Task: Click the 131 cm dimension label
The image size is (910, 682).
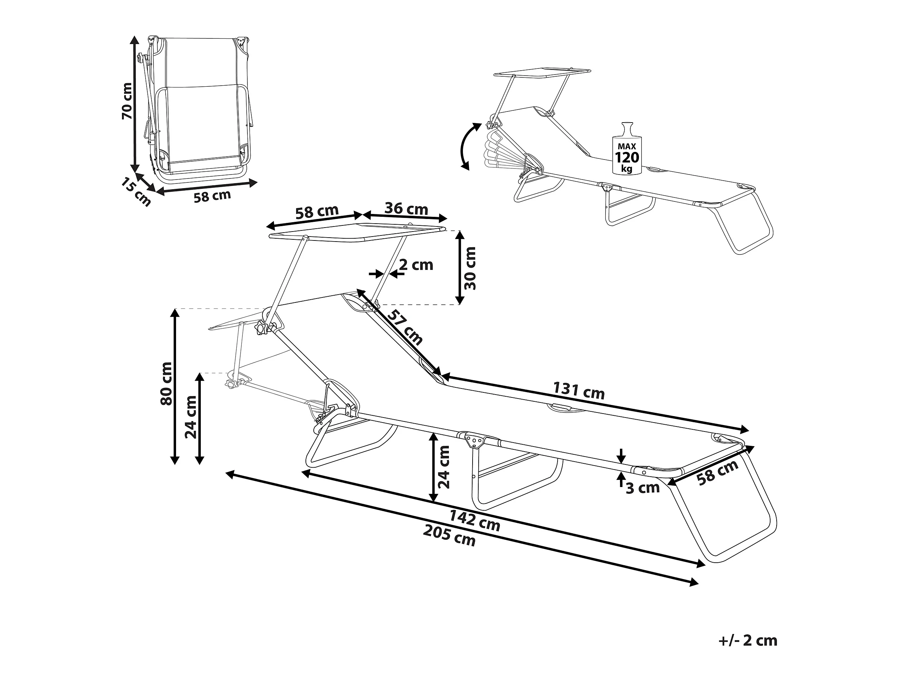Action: click(579, 391)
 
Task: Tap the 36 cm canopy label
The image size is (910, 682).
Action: click(406, 209)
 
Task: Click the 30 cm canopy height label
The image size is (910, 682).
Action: click(470, 268)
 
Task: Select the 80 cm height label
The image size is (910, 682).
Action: click(167, 383)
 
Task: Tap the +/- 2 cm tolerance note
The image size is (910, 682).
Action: click(748, 640)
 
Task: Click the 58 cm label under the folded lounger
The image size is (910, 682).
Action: click(212, 196)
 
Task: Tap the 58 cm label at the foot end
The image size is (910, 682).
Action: click(718, 473)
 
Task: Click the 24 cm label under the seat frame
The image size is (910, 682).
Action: click(444, 467)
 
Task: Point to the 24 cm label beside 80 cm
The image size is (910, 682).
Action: click(191, 417)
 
